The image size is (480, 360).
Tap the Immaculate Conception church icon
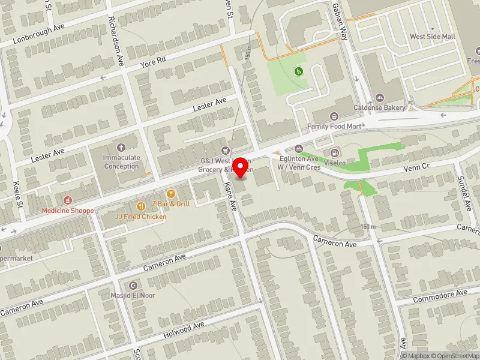point(121,147)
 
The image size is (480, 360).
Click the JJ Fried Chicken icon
point(142,204)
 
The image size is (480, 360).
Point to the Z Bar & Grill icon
point(171,194)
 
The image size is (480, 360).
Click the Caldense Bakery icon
point(380,98)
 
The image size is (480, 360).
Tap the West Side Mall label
point(432,37)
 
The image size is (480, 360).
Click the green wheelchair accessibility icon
point(298,72)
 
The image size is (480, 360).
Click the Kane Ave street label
point(230,199)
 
